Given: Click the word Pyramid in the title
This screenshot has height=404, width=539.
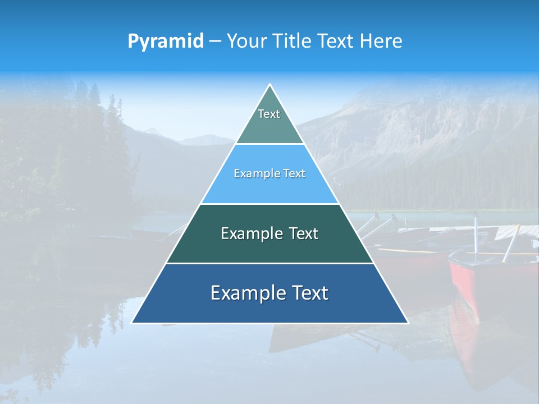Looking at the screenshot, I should [166, 41].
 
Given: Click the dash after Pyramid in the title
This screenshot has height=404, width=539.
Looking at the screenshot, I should [215, 41].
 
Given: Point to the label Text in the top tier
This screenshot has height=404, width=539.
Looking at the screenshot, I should [269, 114].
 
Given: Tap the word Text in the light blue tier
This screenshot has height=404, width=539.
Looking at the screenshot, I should [294, 173].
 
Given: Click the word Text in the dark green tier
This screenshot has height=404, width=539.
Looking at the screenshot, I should [304, 233].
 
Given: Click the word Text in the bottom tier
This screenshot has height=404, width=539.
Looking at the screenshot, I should [310, 293].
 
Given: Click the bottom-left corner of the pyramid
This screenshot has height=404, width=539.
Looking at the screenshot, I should [132, 323].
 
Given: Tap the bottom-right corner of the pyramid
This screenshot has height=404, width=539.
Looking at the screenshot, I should [408, 323].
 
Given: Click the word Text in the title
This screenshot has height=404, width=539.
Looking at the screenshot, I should [337, 41].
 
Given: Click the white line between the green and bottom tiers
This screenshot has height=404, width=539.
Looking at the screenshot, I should [269, 263].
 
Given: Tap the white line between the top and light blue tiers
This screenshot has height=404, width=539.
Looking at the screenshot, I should [269, 144].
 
